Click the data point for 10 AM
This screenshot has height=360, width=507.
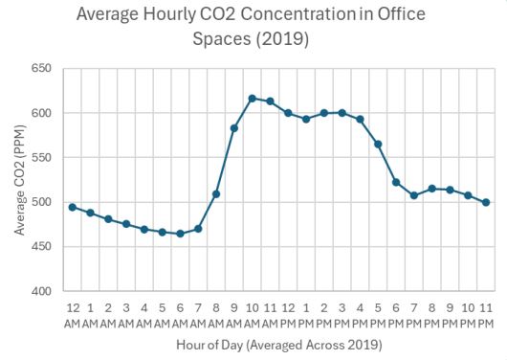tap(252, 99)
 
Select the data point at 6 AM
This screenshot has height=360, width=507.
tap(180, 234)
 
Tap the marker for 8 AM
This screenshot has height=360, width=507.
tap(216, 194)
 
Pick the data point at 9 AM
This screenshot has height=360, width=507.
tap(234, 127)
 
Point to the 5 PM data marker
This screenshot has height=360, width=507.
tap(378, 144)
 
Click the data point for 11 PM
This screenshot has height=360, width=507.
tap(486, 202)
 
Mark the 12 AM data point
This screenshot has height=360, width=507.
tap(73, 207)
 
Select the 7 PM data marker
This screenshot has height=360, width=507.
tap(414, 195)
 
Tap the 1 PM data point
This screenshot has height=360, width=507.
tap(306, 119)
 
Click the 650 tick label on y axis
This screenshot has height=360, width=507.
tap(41, 69)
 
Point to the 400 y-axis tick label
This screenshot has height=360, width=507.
tap(41, 291)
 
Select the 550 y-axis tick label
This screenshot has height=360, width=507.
tap(41, 158)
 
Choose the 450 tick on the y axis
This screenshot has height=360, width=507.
tap(41, 247)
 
